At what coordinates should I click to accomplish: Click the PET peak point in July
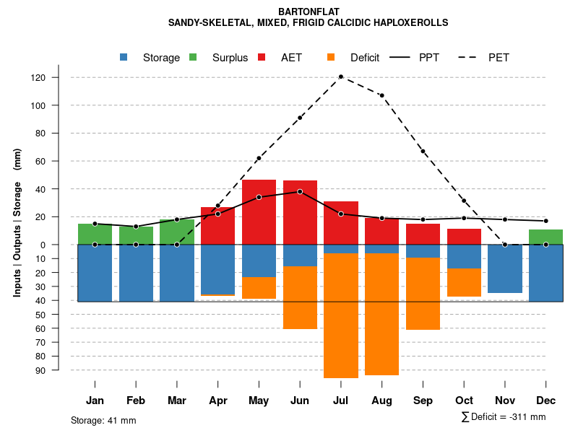click(x=340, y=76)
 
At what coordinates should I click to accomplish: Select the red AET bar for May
click(x=259, y=211)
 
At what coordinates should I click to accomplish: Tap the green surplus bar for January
click(x=95, y=234)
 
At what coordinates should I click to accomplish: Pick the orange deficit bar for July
click(x=340, y=315)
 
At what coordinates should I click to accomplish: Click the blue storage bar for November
click(x=505, y=268)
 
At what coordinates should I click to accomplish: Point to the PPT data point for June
click(x=300, y=191)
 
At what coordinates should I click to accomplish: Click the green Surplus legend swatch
click(x=193, y=58)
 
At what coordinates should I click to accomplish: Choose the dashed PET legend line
click(x=469, y=58)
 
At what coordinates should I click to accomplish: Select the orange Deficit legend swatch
click(x=331, y=58)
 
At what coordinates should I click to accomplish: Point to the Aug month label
click(x=381, y=401)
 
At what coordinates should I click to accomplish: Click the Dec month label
click(x=546, y=401)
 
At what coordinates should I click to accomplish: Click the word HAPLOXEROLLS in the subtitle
click(x=413, y=22)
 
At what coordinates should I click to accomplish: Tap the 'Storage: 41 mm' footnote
click(x=103, y=420)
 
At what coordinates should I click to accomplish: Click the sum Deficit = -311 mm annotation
click(x=503, y=417)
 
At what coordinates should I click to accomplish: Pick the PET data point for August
click(x=381, y=95)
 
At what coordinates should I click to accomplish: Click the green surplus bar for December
click(x=546, y=237)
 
